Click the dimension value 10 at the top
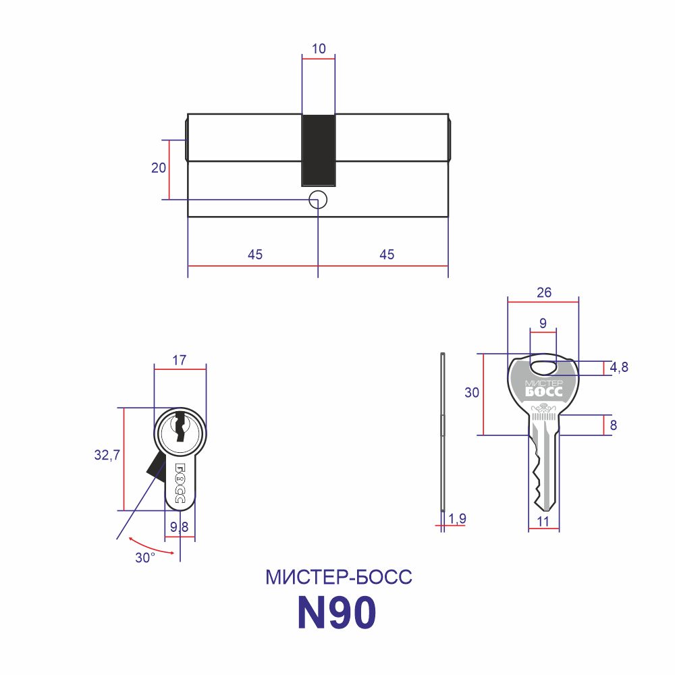(319, 49)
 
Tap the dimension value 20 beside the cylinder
(159, 167)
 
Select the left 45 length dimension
(255, 254)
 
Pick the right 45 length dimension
(387, 254)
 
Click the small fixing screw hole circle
(318, 200)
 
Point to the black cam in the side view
(318, 151)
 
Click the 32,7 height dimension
(107, 454)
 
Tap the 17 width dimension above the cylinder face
(179, 360)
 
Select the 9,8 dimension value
(179, 527)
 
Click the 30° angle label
(145, 558)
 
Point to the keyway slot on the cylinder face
(181, 427)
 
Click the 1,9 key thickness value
(457, 518)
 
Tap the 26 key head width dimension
(543, 293)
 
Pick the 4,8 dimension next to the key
(618, 367)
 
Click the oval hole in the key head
(543, 368)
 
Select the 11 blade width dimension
(543, 521)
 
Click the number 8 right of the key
(614, 425)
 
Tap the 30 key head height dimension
(472, 393)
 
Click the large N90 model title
(337, 613)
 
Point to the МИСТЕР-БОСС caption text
(339, 577)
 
